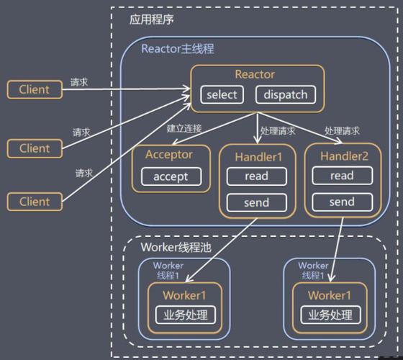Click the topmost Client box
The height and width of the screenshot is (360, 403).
(x=34, y=89)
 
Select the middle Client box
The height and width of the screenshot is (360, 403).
(x=34, y=148)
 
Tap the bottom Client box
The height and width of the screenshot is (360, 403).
(x=34, y=202)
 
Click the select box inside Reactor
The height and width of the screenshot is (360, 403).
(x=222, y=94)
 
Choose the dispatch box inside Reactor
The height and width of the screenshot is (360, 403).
(x=285, y=94)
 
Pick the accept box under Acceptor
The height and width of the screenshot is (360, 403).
(x=171, y=176)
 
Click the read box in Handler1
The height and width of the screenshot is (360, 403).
(x=255, y=176)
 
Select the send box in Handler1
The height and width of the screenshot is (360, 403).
(x=255, y=202)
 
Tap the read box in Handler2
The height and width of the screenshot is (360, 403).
(x=342, y=176)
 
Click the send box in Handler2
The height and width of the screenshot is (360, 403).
(x=342, y=202)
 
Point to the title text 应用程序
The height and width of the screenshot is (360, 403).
(x=151, y=19)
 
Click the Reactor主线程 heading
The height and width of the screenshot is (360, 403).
(x=177, y=49)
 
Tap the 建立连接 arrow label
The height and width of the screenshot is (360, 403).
(x=184, y=129)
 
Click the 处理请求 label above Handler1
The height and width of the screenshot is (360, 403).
(x=278, y=131)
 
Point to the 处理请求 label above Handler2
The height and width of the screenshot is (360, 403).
(x=342, y=131)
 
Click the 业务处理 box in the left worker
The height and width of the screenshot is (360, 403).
(x=185, y=315)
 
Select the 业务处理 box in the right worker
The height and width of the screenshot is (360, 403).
(x=330, y=315)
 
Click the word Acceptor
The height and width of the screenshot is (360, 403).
(x=169, y=154)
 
